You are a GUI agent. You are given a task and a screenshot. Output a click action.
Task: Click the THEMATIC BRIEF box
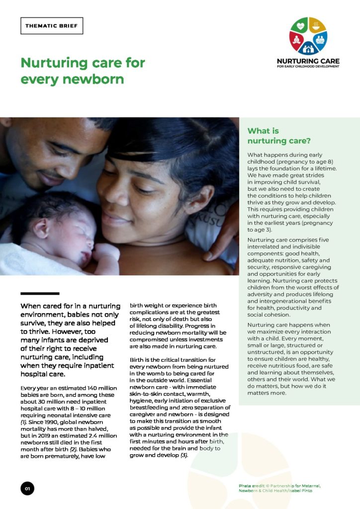click(52, 26)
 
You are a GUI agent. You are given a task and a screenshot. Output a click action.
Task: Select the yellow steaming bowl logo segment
click(316, 26)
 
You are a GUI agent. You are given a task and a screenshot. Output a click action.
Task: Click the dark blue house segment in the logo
click(308, 48)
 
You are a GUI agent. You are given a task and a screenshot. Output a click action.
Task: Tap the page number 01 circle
click(27, 489)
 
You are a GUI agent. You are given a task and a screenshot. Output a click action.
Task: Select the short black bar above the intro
click(40, 293)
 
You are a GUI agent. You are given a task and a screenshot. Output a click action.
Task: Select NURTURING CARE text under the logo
click(308, 61)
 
